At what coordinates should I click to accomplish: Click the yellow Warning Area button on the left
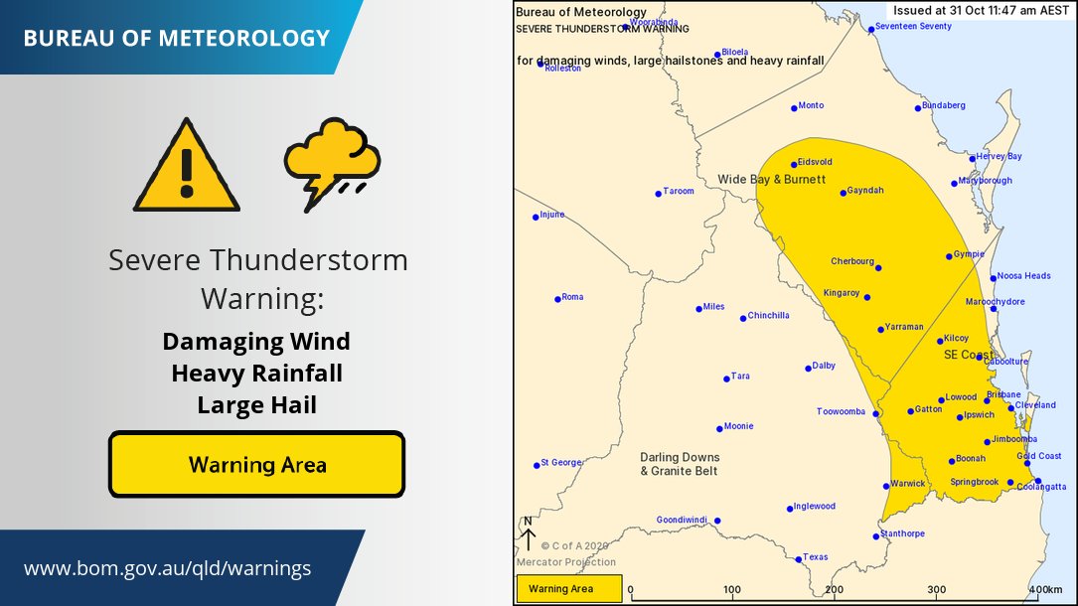coord(256,464)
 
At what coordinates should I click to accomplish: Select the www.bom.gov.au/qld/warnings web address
coord(167,568)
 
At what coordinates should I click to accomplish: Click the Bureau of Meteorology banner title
coord(176,39)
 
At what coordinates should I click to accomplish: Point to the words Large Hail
coord(256,404)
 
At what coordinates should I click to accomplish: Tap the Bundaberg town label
coord(943,105)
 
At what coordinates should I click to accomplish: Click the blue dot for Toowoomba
coord(875,412)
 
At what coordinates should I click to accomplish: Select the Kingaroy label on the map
coord(842,293)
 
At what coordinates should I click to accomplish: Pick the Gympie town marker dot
coord(949,257)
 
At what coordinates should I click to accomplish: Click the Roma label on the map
coord(572,297)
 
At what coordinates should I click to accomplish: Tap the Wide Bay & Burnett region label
coord(771,179)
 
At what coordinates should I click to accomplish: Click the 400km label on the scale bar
coord(1046,590)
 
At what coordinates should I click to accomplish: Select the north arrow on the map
coord(529,534)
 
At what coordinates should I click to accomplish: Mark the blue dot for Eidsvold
coord(794,165)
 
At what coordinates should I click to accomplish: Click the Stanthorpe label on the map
coord(903,533)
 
